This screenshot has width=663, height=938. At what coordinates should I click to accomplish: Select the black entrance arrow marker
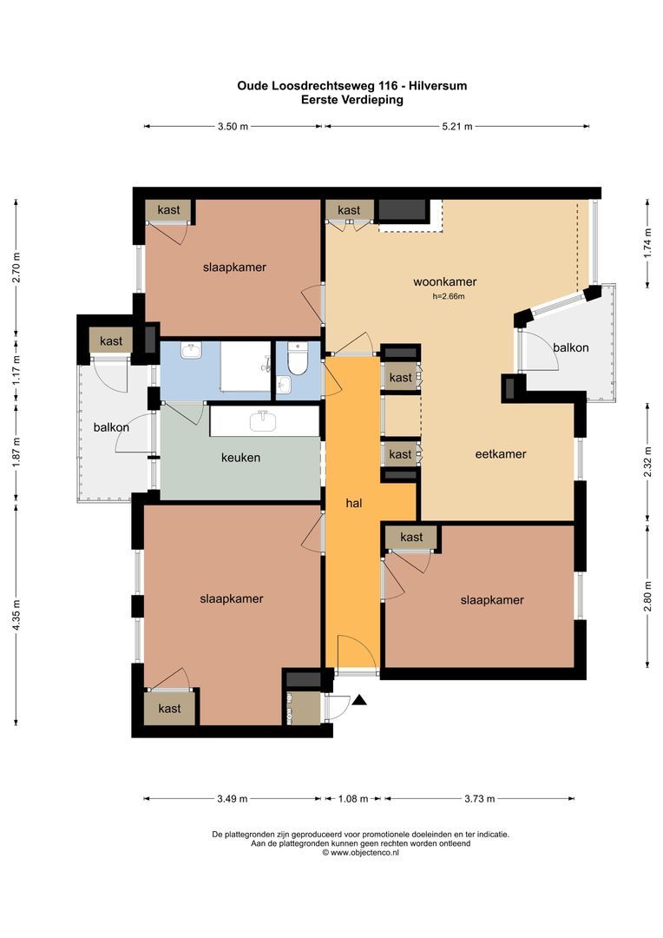click(x=359, y=700)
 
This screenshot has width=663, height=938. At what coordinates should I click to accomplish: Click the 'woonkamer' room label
click(x=444, y=281)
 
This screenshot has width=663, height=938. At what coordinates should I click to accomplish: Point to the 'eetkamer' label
click(x=501, y=453)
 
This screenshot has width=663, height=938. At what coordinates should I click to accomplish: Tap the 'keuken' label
click(x=240, y=457)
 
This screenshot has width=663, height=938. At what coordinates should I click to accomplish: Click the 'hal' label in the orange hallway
click(x=352, y=503)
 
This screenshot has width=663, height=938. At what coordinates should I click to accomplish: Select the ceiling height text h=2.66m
click(x=449, y=297)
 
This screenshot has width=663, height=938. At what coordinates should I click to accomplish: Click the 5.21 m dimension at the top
click(x=456, y=127)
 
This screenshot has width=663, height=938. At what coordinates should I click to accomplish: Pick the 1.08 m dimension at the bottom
click(x=354, y=799)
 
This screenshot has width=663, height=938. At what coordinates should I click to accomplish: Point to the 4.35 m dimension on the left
click(x=16, y=618)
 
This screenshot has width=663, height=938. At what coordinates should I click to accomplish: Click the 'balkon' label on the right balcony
click(x=570, y=347)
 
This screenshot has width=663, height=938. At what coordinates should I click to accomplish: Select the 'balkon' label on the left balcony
click(x=111, y=427)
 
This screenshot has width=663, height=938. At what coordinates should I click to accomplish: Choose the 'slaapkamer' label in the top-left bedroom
click(x=234, y=267)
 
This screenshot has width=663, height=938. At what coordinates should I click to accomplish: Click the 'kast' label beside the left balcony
click(x=111, y=341)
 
